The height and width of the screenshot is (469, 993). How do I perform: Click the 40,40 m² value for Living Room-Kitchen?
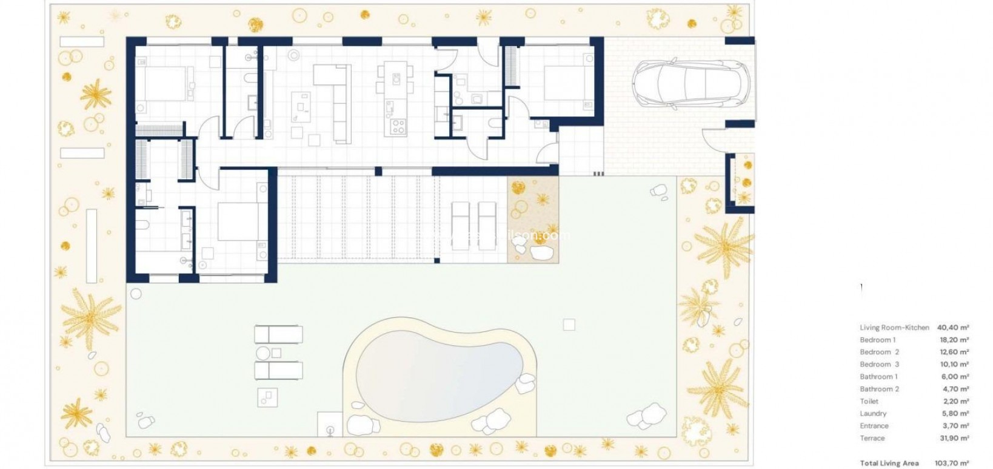pos(953,328)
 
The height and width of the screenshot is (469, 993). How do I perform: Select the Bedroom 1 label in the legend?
pos(877,340)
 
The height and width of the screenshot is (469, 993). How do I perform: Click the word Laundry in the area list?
pos(873,413)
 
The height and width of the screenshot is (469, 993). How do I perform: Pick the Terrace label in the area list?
pos(872,438)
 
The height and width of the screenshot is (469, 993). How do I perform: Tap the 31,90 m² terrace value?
pos(953,438)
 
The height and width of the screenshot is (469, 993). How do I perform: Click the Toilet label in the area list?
pos(869,401)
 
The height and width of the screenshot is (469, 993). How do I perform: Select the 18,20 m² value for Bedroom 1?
pos(953,340)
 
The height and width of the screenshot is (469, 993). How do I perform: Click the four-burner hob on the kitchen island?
pos(398,126)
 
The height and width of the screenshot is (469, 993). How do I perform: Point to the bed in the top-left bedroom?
pos(162,83)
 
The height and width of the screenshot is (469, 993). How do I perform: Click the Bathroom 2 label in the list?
pos(879,389)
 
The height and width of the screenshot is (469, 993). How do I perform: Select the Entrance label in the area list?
pos(874,426)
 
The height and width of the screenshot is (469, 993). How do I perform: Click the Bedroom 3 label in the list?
pos(879,364)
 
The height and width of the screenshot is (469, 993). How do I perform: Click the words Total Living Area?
pos(889,463)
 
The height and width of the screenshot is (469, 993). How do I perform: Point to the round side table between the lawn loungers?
pos(263,353)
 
